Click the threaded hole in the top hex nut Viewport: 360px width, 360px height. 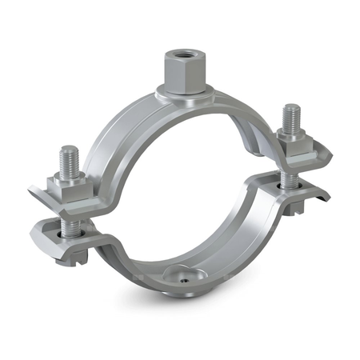pos(177,58)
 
